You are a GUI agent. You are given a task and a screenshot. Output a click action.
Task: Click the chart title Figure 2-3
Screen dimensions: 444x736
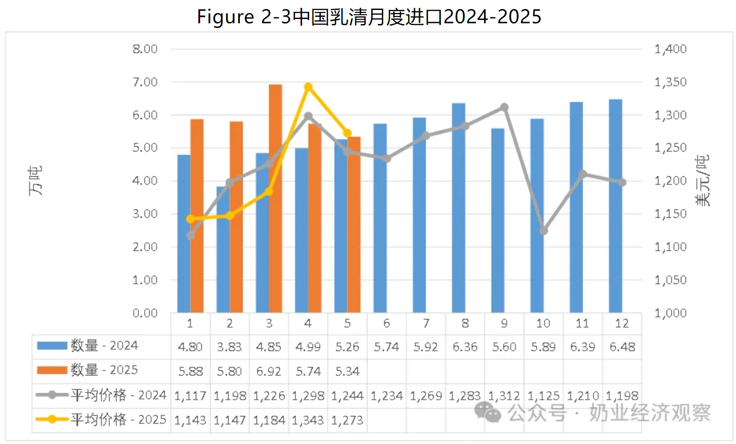click(369, 17)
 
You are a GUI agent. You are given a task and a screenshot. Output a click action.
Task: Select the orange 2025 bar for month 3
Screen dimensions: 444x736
click(276, 198)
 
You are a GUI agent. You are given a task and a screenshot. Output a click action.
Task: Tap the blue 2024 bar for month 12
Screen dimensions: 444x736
click(615, 206)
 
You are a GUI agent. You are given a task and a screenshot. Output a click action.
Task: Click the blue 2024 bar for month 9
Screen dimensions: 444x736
click(498, 220)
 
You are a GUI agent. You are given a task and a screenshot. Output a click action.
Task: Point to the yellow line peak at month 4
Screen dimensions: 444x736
click(308, 87)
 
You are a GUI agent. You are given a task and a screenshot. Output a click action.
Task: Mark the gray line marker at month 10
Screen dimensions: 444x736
click(544, 231)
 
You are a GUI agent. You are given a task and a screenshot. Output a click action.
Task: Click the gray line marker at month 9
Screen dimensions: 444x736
click(504, 107)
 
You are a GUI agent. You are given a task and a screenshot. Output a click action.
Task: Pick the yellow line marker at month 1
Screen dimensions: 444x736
click(191, 219)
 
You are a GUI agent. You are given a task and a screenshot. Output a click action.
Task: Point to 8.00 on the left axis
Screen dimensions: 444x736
click(145, 49)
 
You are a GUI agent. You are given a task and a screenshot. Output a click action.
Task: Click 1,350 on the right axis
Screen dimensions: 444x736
click(670, 82)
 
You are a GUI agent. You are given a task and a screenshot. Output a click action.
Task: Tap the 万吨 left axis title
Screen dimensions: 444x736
click(35, 181)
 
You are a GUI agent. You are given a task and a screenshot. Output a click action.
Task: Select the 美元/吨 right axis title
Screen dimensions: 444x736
click(702, 181)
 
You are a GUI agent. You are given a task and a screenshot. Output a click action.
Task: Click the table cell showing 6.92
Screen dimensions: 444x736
click(269, 371)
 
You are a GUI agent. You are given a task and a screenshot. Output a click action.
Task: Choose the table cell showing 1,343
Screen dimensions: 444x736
click(308, 420)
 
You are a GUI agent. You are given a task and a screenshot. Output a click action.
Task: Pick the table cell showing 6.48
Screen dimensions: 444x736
click(622, 347)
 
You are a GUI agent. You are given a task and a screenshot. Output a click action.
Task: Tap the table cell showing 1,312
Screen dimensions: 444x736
click(504, 396)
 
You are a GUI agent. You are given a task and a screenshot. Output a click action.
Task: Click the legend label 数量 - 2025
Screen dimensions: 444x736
click(104, 370)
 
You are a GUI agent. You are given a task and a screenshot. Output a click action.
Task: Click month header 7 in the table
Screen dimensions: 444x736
click(426, 323)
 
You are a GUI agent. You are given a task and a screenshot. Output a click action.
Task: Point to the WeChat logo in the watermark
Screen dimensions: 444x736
click(487, 412)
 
